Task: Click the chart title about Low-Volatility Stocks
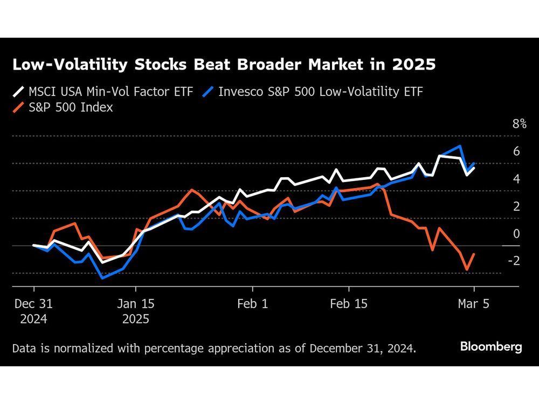[224, 65]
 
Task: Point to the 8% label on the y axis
[519, 124]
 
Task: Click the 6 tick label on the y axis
[516, 151]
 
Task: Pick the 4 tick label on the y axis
[516, 179]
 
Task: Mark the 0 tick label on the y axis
[516, 234]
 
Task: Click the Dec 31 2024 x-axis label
[33, 311]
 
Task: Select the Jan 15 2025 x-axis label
[136, 311]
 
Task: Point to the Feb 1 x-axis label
[252, 304]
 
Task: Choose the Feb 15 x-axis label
[348, 304]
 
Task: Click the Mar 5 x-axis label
[474, 304]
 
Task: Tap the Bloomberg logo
[491, 347]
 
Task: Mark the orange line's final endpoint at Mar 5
[474, 254]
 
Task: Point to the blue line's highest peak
[460, 146]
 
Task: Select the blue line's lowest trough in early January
[102, 278]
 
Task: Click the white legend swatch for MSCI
[18, 92]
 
